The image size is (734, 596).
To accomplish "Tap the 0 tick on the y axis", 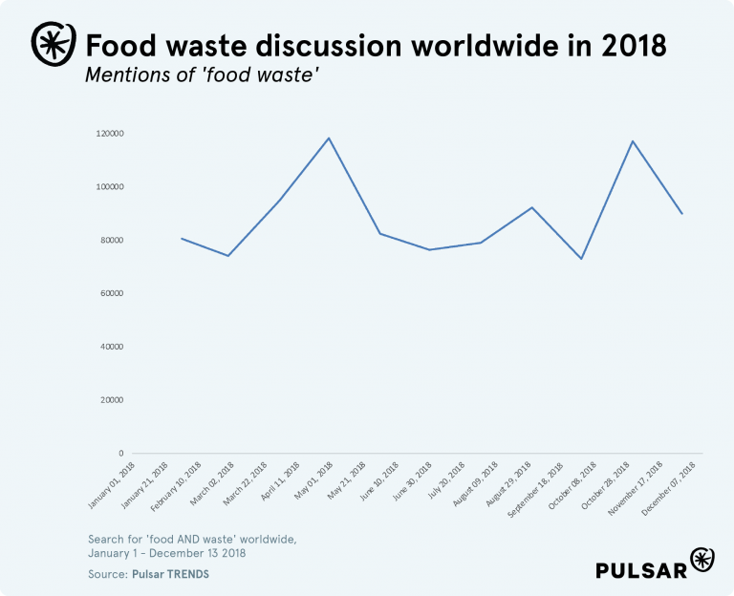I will tap(121, 454).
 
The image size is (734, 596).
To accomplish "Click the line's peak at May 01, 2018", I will tap(329, 138).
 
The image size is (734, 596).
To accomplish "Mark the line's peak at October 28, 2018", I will tap(633, 141).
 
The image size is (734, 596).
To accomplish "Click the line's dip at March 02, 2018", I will tap(227, 256).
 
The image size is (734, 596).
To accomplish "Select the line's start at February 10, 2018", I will tap(182, 238).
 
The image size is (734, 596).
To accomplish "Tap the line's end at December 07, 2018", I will tap(682, 213).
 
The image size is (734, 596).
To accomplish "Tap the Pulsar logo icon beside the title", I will tap(50, 42).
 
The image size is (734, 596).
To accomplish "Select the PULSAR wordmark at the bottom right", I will tap(641, 570).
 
